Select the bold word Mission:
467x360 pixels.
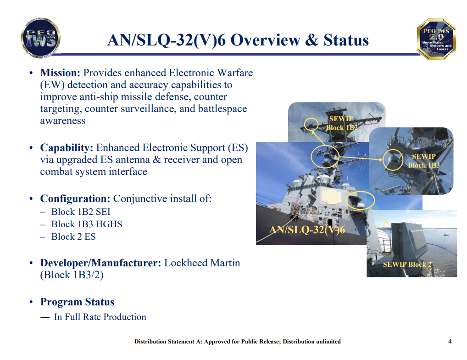pyautogui.click(x=61, y=73)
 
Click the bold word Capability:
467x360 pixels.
pyautogui.click(x=67, y=147)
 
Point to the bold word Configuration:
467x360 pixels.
pyautogui.click(x=75, y=199)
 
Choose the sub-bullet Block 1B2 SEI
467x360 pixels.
pyautogui.click(x=81, y=212)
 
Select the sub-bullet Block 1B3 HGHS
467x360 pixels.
pyautogui.click(x=87, y=224)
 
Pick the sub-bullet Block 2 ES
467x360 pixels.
pyautogui.click(x=73, y=236)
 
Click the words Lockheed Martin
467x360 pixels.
pyautogui.click(x=202, y=263)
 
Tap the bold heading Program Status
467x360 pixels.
pyautogui.click(x=77, y=302)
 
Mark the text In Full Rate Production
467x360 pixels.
pyautogui.click(x=100, y=317)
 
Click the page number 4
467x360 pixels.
pyautogui.click(x=450, y=341)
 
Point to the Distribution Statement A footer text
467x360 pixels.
pyautogui.click(x=237, y=342)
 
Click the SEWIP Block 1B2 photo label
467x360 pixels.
pyautogui.click(x=341, y=123)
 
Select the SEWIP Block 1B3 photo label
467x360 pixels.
pyautogui.click(x=423, y=161)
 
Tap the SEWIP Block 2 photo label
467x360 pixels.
pyautogui.click(x=407, y=264)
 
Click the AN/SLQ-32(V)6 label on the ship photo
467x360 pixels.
pyautogui.click(x=307, y=230)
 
